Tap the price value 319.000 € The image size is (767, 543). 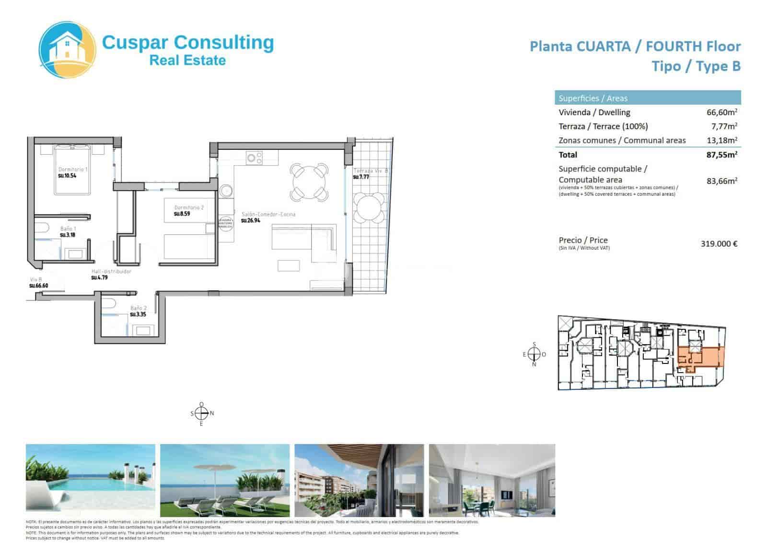click(719, 243)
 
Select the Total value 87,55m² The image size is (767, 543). click(721, 155)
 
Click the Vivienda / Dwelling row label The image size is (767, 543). click(594, 112)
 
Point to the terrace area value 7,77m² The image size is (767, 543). click(723, 126)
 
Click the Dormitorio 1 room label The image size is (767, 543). click(73, 169)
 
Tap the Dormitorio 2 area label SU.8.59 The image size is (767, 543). click(182, 214)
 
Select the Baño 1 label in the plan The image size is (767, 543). click(68, 229)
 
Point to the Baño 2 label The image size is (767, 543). click(138, 308)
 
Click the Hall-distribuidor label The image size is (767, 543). click(111, 271)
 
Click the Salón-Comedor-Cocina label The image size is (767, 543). click(268, 214)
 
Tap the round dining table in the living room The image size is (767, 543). click(309, 182)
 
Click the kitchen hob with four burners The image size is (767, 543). click(254, 158)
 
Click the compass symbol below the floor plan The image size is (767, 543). click(202, 413)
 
